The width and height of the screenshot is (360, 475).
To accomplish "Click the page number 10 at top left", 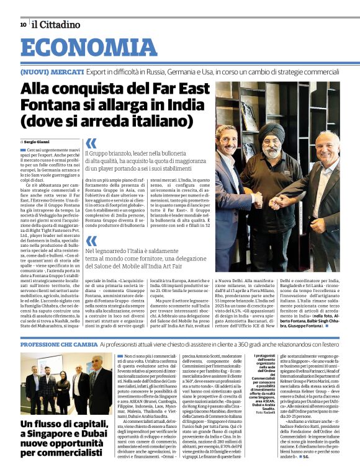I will click(x=23, y=25).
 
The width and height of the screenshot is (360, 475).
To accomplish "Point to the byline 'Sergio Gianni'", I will click(x=39, y=142).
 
